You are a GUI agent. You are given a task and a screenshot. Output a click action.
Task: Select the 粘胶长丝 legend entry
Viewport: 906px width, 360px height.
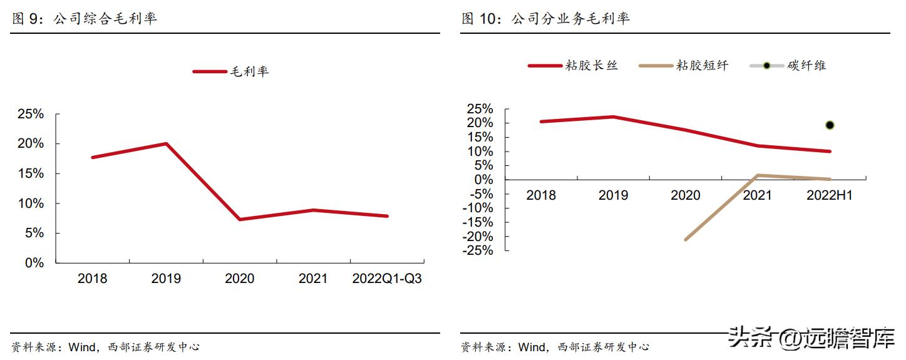click(572, 65)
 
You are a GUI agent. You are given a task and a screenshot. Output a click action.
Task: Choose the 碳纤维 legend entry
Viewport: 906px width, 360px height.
click(789, 65)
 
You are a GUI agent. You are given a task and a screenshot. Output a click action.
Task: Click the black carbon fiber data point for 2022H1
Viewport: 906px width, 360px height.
click(830, 125)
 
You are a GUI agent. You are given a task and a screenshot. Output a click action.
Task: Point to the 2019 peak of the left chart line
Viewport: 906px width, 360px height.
click(166, 143)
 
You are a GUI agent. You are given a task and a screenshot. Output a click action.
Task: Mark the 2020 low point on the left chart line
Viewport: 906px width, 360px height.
click(240, 219)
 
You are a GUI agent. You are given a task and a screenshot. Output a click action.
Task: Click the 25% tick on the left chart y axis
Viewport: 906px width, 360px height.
click(31, 114)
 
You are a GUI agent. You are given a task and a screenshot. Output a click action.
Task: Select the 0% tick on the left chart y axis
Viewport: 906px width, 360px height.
click(34, 263)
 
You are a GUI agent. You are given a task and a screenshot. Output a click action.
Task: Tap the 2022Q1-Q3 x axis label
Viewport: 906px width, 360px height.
click(387, 279)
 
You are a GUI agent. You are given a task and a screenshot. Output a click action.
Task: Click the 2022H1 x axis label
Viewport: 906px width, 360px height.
click(830, 195)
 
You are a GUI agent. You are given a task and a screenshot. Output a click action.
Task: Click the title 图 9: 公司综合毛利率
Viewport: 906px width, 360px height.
click(85, 18)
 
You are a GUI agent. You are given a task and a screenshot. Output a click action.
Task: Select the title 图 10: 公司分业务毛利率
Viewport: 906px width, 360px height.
click(546, 18)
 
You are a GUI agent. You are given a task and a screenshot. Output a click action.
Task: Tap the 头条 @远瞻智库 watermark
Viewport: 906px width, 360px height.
click(811, 339)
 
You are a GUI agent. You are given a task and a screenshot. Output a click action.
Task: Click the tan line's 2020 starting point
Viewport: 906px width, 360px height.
click(686, 239)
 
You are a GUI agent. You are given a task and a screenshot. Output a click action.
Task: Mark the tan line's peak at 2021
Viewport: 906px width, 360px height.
click(758, 175)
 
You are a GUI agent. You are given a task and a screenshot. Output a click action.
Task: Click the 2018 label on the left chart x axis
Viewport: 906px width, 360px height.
click(92, 279)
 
